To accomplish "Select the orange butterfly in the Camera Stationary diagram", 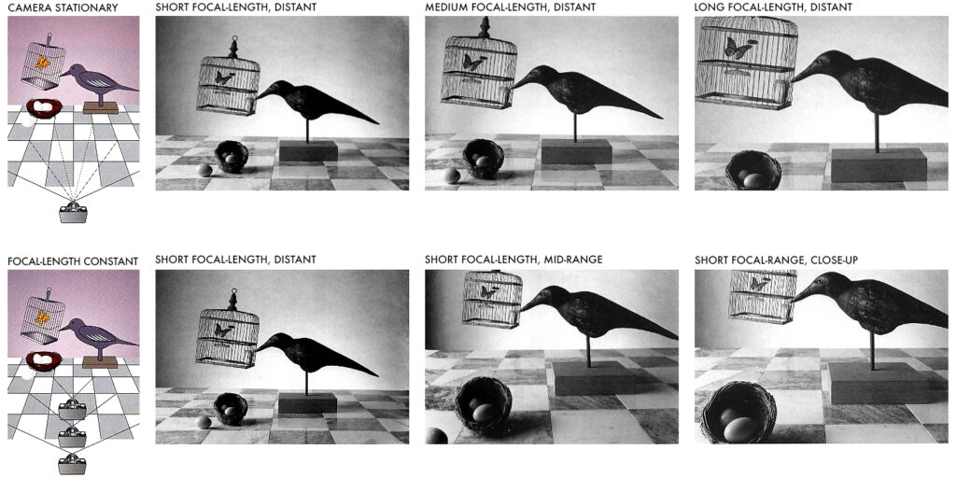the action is (x=43, y=62).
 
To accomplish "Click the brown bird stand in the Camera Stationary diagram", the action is (x=101, y=108).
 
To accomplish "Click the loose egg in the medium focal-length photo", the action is (x=451, y=176).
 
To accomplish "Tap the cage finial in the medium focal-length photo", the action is (x=485, y=27).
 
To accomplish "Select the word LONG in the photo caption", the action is (x=709, y=7).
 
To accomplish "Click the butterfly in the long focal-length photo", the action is (x=738, y=49).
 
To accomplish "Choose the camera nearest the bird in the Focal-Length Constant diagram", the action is (x=73, y=409).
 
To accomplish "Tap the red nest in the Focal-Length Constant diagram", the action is (x=44, y=360).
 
